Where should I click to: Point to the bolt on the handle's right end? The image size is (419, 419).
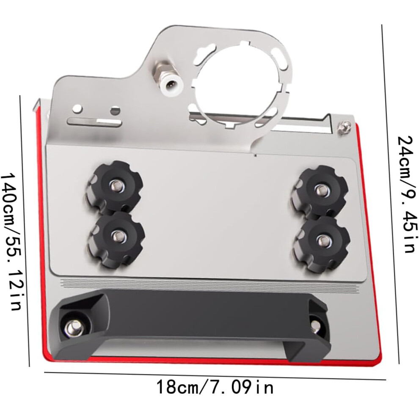(316, 325)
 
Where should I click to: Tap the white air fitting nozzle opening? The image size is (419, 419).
(170, 85)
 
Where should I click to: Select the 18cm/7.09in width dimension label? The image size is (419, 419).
(215, 387)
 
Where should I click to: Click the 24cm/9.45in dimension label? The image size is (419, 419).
(406, 194)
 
